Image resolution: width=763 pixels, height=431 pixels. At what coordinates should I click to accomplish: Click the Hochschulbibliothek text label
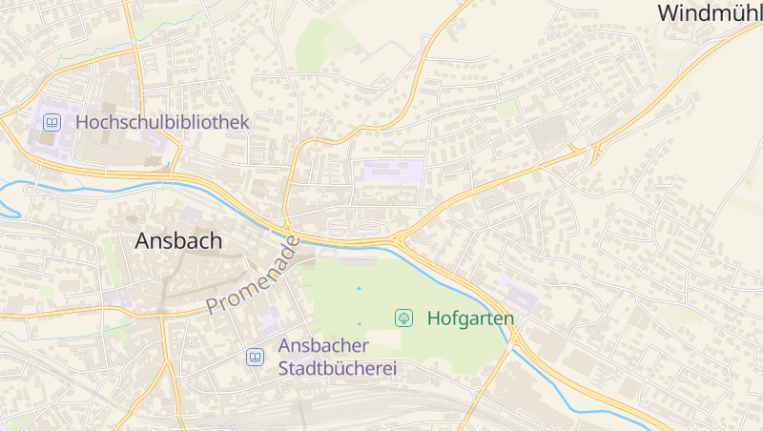161,122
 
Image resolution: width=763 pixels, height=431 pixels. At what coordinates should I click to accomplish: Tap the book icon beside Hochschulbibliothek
52,122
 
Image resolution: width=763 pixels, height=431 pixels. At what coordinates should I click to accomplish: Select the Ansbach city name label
178,240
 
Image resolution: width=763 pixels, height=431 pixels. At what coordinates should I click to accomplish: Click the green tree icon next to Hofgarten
403,318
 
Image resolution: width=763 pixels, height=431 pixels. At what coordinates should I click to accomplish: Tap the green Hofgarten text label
470,318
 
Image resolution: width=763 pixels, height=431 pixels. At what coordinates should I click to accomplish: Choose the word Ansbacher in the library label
322,345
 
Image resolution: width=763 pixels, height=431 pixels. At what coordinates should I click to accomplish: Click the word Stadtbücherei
337,368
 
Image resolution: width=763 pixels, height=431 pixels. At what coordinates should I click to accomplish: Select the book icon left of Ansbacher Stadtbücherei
255,357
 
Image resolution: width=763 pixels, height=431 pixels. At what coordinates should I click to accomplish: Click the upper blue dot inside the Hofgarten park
360,288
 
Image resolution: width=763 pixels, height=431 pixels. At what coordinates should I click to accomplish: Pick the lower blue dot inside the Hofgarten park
360,323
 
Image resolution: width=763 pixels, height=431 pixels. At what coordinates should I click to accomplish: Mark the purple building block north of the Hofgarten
393,173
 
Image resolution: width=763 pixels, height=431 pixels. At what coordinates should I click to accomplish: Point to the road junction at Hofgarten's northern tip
402,237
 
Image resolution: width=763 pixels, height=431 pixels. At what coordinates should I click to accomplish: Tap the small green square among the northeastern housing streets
508,109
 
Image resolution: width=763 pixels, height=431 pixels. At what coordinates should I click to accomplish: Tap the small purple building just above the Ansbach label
191,215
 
